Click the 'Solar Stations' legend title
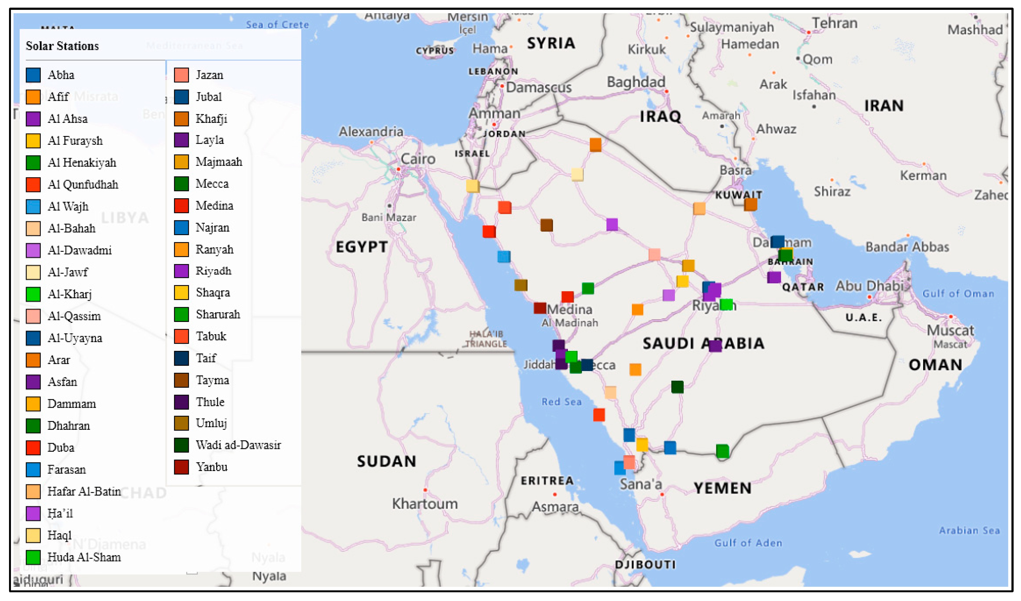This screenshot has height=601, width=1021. click(x=62, y=46)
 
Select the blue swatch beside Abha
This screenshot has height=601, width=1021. click(x=33, y=75)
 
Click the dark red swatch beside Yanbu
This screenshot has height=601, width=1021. click(x=181, y=467)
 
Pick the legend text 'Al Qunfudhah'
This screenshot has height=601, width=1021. click(x=83, y=184)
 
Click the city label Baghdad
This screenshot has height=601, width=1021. click(x=636, y=82)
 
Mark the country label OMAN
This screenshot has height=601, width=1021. click(x=935, y=365)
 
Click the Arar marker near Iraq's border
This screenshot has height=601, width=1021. click(x=595, y=144)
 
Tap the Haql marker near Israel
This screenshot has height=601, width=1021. click(x=472, y=186)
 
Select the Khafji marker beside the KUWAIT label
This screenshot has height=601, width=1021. click(x=750, y=205)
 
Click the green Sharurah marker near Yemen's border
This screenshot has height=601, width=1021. click(x=722, y=451)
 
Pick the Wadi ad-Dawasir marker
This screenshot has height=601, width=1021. click(x=677, y=387)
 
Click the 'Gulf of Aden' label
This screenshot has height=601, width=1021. click(x=748, y=543)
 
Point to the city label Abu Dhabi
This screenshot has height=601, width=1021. click(x=869, y=286)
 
